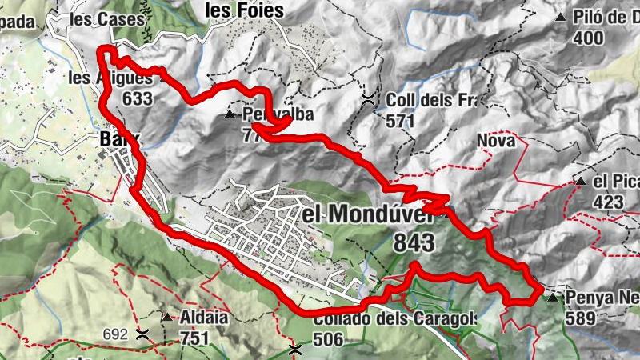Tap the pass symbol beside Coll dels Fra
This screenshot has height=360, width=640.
pyautogui.click(x=368, y=100)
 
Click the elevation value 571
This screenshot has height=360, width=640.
pyautogui.click(x=400, y=121)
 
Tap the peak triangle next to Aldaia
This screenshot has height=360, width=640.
pyautogui.click(x=166, y=318)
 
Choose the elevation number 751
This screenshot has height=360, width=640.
pyautogui.click(x=194, y=338)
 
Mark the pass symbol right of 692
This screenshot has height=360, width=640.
pyautogui.click(x=143, y=333)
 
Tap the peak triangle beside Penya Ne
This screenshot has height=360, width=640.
pyautogui.click(x=553, y=298)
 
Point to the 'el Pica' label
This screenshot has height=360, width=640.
pyautogui.click(x=617, y=182)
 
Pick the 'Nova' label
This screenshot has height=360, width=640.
pyautogui.click(x=495, y=141)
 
